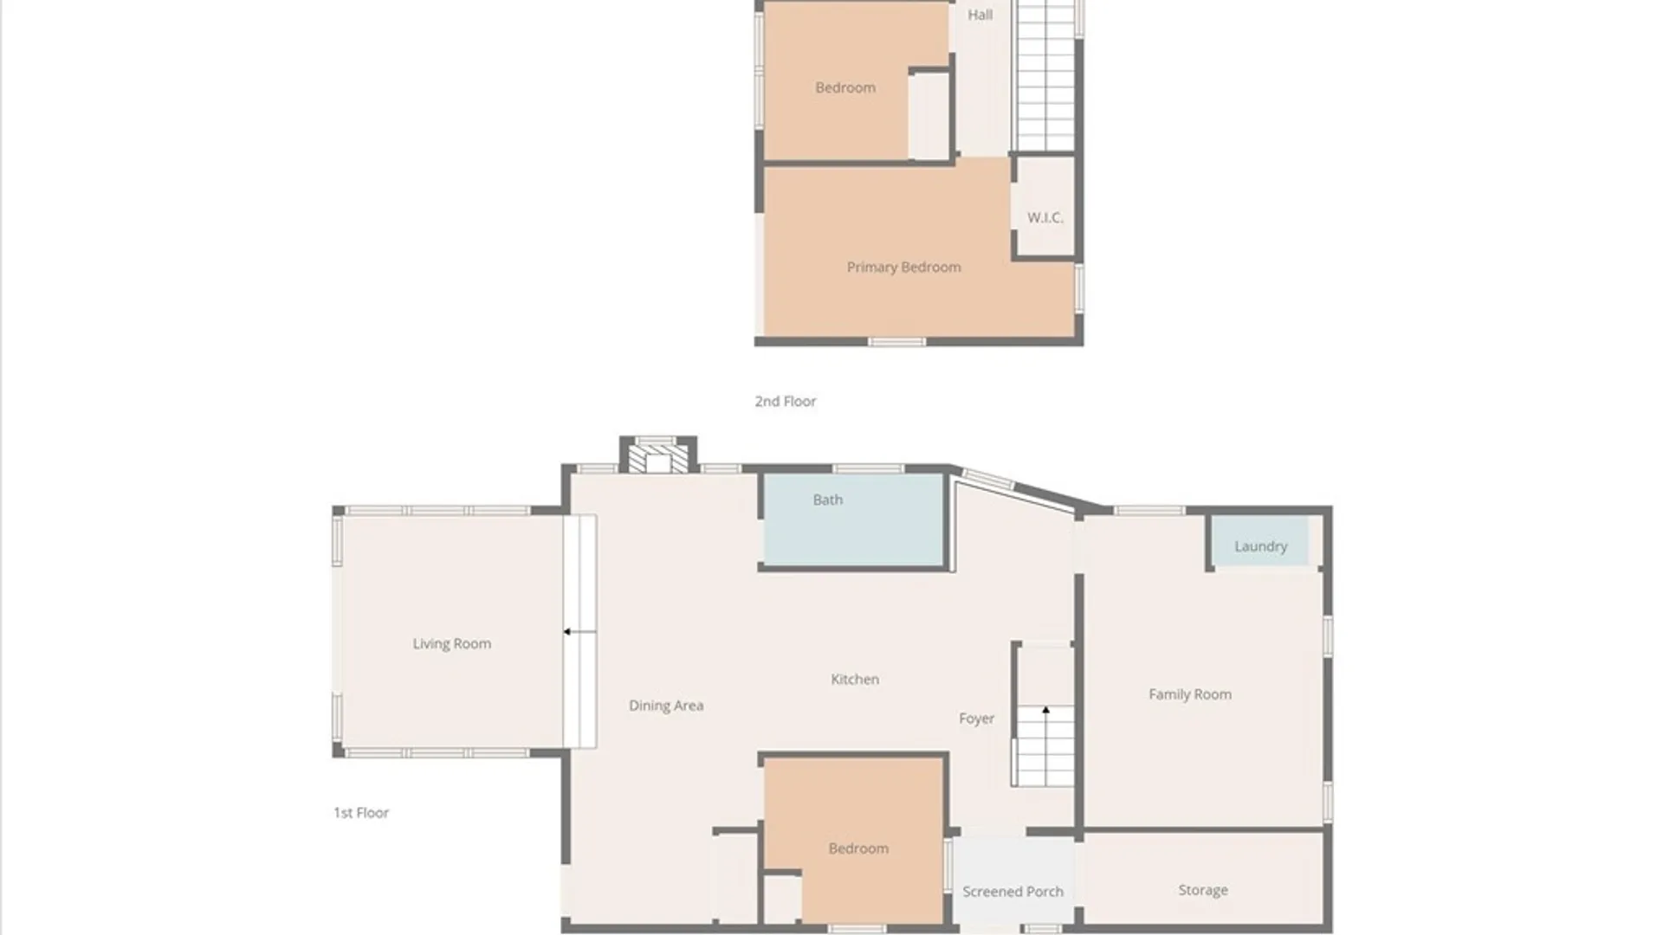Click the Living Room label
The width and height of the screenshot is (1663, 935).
(451, 643)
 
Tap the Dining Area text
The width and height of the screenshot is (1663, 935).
(666, 706)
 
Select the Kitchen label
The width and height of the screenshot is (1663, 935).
(855, 680)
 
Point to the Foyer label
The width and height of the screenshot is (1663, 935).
(976, 719)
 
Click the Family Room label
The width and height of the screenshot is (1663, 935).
(1190, 694)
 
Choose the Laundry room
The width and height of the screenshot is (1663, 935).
(1260, 542)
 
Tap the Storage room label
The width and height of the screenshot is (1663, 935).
(1203, 890)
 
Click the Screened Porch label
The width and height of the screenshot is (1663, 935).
(1013, 892)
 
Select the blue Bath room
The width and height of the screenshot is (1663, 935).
(853, 519)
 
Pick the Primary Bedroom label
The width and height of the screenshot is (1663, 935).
(903, 268)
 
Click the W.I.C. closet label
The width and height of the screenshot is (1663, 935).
(1045, 217)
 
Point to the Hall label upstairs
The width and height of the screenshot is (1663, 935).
(980, 15)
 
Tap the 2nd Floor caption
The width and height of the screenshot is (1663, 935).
(786, 401)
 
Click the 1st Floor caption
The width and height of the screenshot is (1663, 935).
(361, 813)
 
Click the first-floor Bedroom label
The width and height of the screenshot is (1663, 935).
(858, 848)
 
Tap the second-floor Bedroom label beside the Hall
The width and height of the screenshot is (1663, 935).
(845, 87)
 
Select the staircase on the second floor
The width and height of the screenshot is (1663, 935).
(1045, 76)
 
